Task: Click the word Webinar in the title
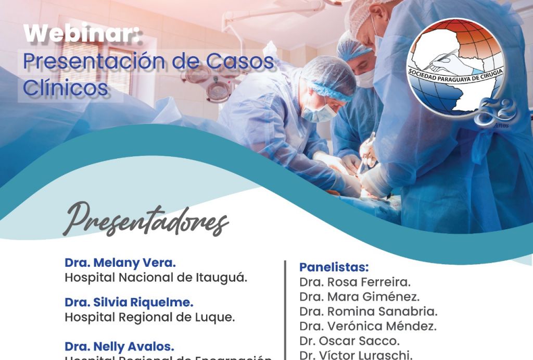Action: pyautogui.click(x=83, y=34)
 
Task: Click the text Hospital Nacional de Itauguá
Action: pyautogui.click(x=156, y=277)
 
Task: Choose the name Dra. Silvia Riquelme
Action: pyautogui.click(x=129, y=302)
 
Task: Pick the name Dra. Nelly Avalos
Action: pyautogui.click(x=119, y=346)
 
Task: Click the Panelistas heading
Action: pyautogui.click(x=334, y=267)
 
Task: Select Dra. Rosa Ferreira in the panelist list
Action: pyautogui.click(x=355, y=282)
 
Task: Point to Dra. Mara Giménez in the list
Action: pyautogui.click(x=359, y=297)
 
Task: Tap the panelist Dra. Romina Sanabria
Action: pyautogui.click(x=369, y=312)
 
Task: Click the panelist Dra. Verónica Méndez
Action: pyautogui.click(x=368, y=327)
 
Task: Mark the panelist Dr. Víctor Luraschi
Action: pyautogui.click(x=356, y=355)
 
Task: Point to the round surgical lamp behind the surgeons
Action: pyautogui.click(x=219, y=89)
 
